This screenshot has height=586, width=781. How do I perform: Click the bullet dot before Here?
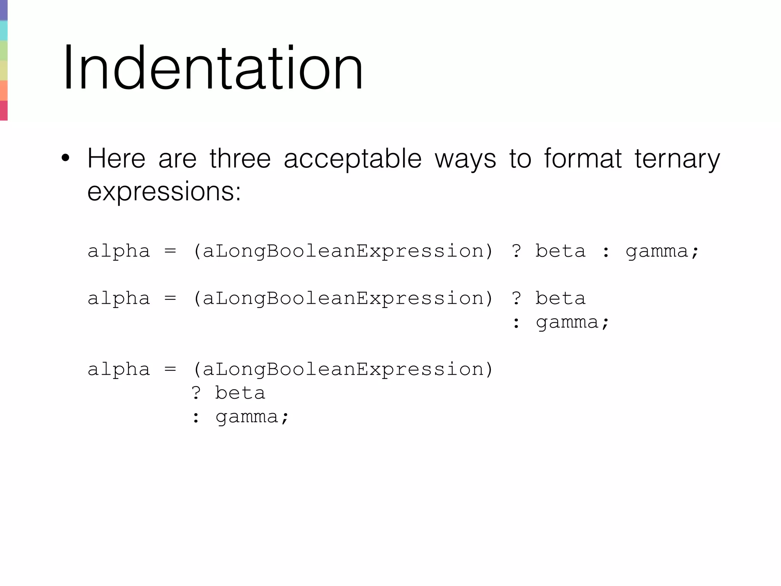[x=65, y=158]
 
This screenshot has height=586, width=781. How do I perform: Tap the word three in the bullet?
[x=240, y=158]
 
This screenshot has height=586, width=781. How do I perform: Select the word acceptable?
[x=352, y=159]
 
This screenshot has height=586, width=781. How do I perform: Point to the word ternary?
[x=677, y=159]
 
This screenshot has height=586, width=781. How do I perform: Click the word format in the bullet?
[x=582, y=158]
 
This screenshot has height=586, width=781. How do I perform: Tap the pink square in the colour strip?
[x=4, y=111]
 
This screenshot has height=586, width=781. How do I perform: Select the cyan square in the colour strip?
[x=4, y=31]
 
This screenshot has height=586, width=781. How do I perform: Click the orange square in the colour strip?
[x=4, y=90]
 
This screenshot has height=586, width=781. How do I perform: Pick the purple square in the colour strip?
[x=4, y=10]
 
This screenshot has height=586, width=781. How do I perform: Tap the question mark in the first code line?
[x=516, y=251]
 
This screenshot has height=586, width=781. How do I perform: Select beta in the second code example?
[x=560, y=298]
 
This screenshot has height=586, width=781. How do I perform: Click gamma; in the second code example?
[x=572, y=323]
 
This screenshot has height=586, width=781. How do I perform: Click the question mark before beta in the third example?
[x=196, y=393]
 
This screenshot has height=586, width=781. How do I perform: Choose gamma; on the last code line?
[x=252, y=417]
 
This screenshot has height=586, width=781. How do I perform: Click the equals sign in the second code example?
[x=170, y=298]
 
